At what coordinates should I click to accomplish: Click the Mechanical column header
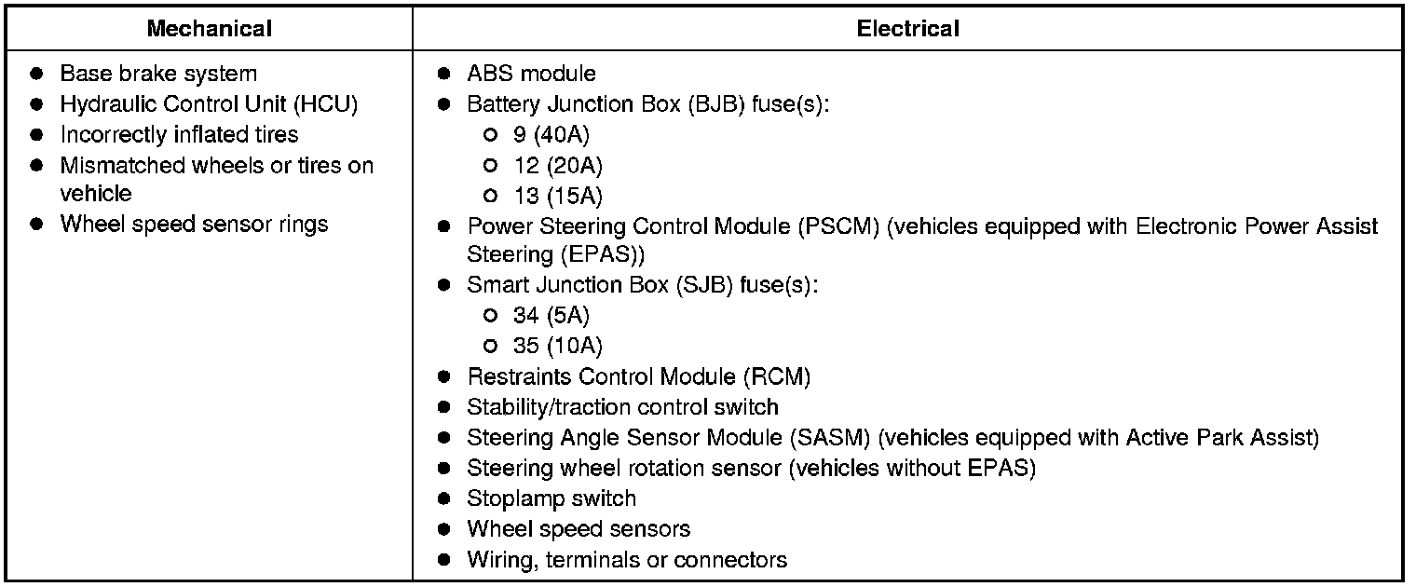[209, 29]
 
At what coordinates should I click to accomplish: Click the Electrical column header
[907, 29]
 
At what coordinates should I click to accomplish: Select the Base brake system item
[158, 74]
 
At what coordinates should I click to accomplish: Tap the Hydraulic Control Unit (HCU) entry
[209, 104]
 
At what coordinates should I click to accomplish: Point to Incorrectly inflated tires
[179, 135]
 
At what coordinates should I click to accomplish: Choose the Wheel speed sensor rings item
[194, 225]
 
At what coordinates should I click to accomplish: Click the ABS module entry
[531, 74]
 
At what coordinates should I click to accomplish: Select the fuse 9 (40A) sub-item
[551, 135]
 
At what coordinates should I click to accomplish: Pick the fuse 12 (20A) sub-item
[557, 166]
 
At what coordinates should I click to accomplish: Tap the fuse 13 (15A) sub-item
[557, 197]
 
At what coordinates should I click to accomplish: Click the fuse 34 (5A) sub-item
[551, 316]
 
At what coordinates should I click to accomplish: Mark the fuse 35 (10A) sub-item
[557, 347]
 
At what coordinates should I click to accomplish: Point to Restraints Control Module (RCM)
[638, 377]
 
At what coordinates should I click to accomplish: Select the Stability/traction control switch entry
[622, 407]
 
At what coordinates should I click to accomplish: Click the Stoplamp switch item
[551, 498]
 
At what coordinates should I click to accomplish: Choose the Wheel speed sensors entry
[579, 529]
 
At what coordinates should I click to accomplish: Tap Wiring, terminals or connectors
[627, 560]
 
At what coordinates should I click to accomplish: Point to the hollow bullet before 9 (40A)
[490, 135]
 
